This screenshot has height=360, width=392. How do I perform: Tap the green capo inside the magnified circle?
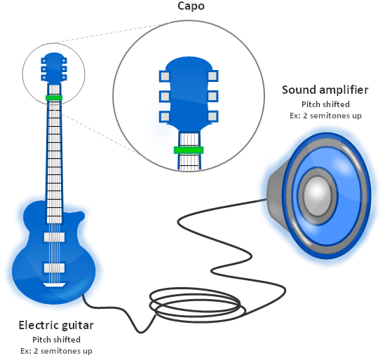[189, 149]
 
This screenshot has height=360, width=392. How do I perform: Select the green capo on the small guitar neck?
[54, 97]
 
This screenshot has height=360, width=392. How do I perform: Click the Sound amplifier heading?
[325, 90]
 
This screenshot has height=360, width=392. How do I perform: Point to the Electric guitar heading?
[55, 325]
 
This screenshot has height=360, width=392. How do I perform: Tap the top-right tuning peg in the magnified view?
[212, 74]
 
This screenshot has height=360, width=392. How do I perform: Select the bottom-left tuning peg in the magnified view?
[165, 116]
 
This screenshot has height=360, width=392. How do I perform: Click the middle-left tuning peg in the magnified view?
[165, 95]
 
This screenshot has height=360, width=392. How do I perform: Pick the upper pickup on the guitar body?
[54, 237]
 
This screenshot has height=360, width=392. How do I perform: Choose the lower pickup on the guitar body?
[54, 268]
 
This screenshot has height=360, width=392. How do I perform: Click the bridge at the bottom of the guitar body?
[54, 285]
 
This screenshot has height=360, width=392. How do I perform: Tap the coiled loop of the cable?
[196, 303]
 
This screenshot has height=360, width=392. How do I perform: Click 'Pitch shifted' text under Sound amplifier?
[325, 104]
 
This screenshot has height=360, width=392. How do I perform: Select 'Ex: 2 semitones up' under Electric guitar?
[55, 350]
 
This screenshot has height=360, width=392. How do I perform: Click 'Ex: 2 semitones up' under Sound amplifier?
[325, 115]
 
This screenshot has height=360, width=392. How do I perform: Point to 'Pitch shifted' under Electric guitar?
[55, 340]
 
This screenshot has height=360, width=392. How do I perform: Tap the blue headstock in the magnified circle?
[189, 91]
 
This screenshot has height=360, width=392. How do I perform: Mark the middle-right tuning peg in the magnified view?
[212, 95]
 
